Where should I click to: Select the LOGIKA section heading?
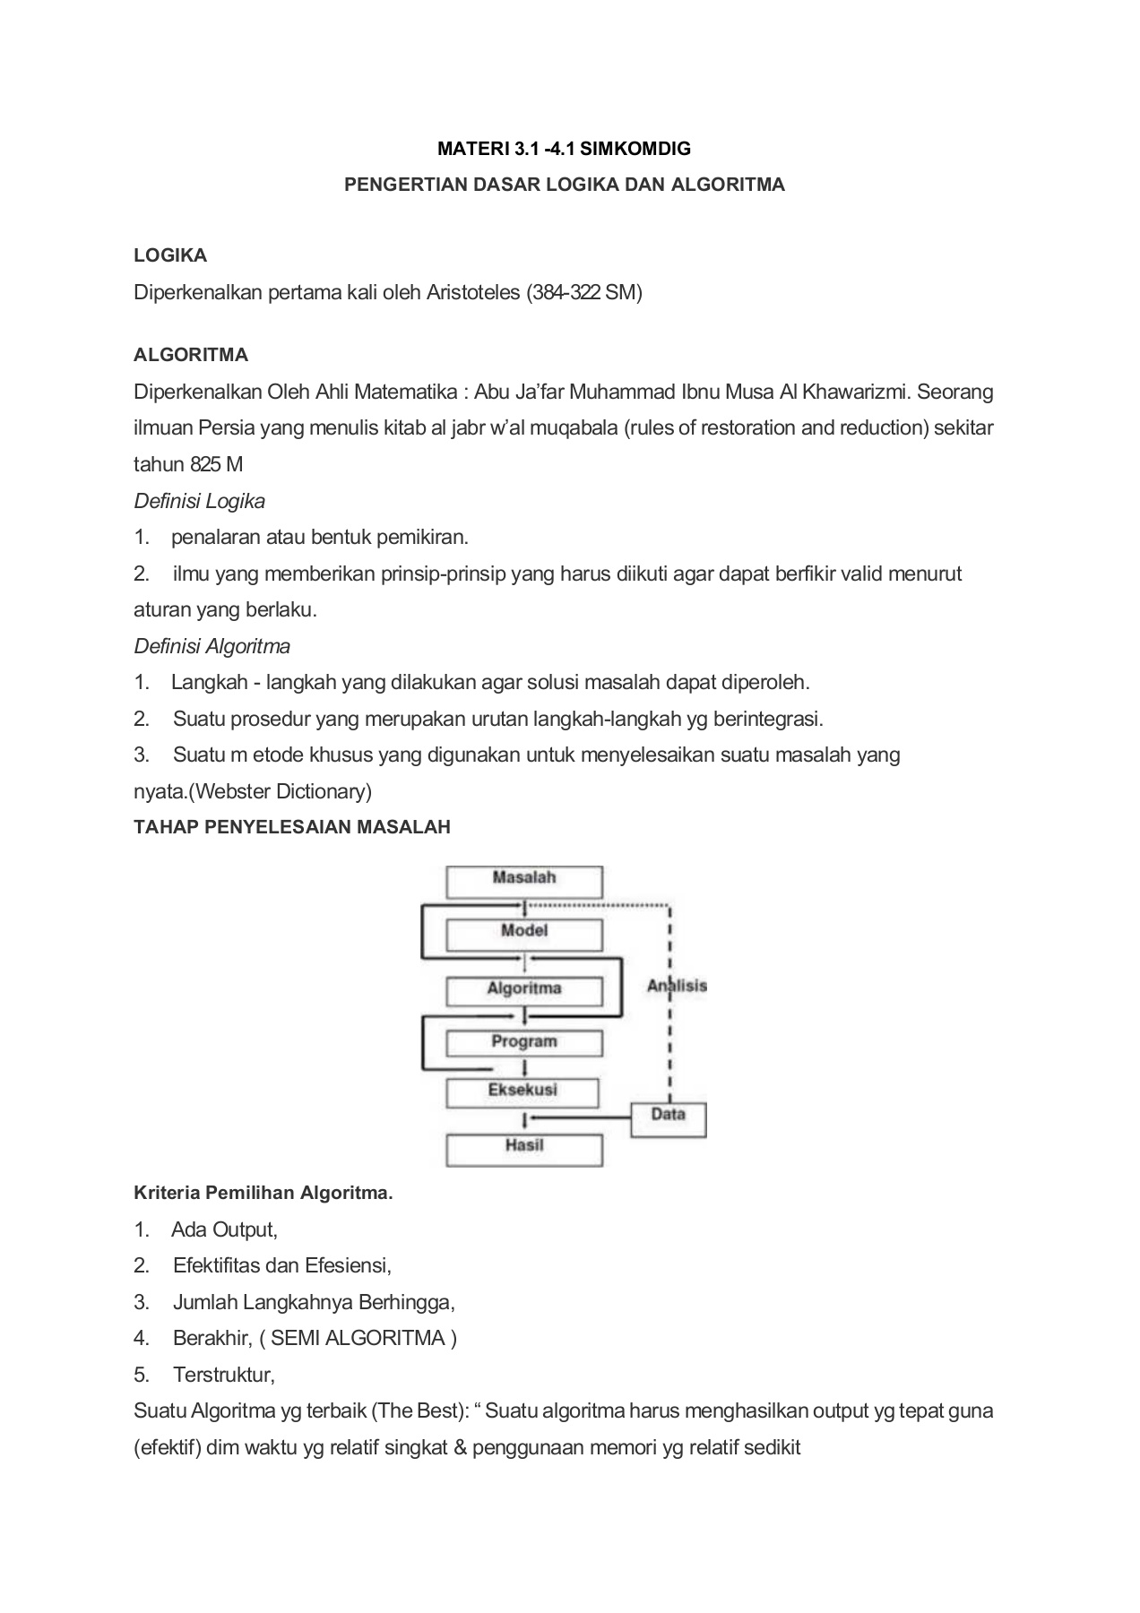[x=170, y=255]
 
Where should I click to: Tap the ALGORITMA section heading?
[x=191, y=355]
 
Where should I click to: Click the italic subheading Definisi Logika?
[x=199, y=501]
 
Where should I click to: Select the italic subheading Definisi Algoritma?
[x=212, y=646]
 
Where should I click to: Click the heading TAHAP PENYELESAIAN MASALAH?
[x=292, y=827]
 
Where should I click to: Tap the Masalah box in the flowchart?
[x=524, y=880]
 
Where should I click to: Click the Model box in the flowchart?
[x=524, y=933]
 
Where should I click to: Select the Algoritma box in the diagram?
[x=524, y=990]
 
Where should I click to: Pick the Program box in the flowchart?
[x=524, y=1042]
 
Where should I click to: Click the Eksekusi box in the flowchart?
[x=522, y=1091]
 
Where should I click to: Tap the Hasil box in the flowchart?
[x=524, y=1148]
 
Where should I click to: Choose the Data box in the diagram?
[x=669, y=1117]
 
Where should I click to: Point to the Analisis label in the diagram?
[x=678, y=986]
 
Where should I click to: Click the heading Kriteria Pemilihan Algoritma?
[x=263, y=1194]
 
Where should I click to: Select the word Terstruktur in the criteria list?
[x=223, y=1375]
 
